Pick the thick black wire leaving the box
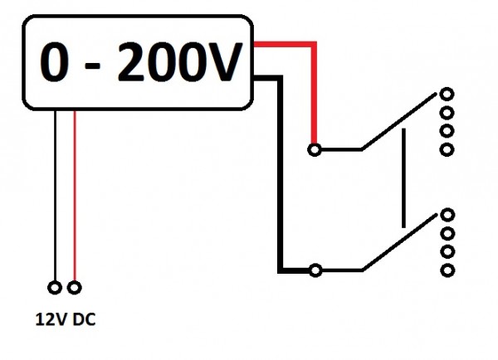(x=280, y=166)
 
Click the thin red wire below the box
(x=76, y=199)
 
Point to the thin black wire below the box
(x=56, y=199)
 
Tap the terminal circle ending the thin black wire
(x=56, y=288)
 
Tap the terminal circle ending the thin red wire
(x=76, y=288)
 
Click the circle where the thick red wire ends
(x=314, y=150)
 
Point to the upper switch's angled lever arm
(x=398, y=124)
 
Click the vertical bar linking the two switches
(x=403, y=178)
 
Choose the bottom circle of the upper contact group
(x=447, y=149)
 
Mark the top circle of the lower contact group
(x=447, y=213)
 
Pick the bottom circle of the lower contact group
(x=447, y=270)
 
